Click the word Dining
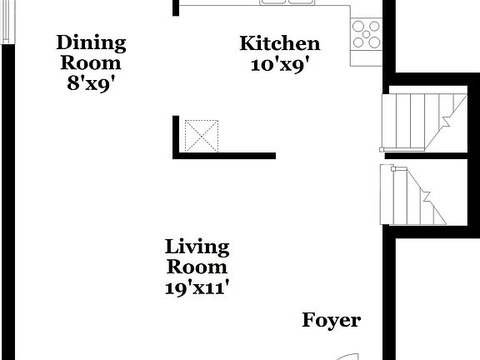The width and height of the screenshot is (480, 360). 91,42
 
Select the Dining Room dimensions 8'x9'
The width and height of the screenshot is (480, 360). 91,82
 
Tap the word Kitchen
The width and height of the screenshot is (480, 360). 279,43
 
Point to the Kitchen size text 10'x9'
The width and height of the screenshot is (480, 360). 280,64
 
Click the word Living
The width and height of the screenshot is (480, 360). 197,247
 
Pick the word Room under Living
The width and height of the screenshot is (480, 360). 197,267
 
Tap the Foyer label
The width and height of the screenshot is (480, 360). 331,320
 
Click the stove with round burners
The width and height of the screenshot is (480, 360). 367,34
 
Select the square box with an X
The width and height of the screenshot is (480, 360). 201,135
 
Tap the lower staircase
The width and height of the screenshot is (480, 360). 414,195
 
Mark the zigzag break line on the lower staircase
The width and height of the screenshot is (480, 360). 427,199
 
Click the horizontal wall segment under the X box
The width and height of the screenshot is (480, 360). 225,155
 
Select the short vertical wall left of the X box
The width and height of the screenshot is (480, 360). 177,135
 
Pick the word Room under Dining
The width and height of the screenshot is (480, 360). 91,62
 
